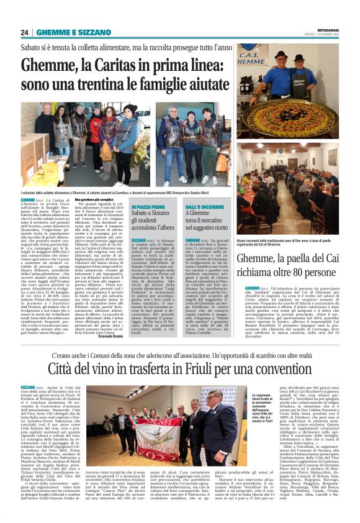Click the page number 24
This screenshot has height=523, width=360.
click(25, 32)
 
